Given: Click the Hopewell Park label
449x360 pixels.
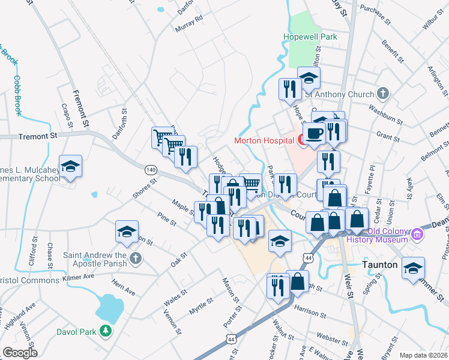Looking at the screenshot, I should coord(310,37).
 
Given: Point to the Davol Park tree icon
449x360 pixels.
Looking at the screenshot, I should coord(106,331).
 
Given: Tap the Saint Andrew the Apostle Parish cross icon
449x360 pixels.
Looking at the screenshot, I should coord(136,259).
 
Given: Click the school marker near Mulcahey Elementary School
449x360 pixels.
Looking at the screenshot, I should coord(70,167).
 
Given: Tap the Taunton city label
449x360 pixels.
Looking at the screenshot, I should coord(381,265).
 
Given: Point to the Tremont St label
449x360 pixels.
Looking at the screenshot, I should coord(37,136).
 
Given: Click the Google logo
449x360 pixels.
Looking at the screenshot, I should coord(20,353).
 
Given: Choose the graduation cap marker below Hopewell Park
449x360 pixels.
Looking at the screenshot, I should coord(309,79).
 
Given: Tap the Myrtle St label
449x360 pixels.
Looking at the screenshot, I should coord(201,306).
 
